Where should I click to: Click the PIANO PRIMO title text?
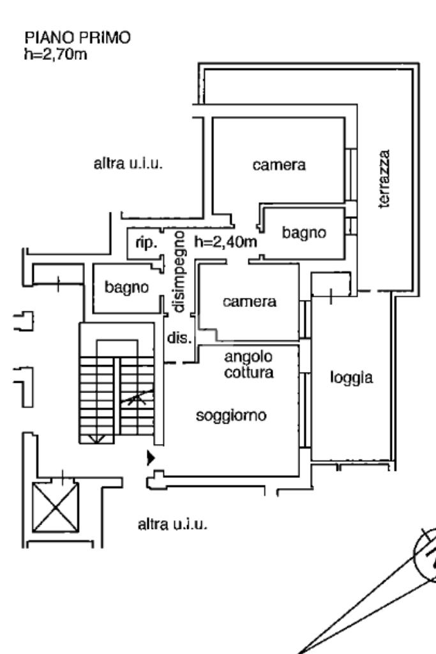tap(78, 38)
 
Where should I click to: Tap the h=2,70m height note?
tap(56, 54)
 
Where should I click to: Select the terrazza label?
tap(384, 179)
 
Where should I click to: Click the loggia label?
tap(351, 378)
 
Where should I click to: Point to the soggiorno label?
tap(231, 415)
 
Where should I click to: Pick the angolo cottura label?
tap(249, 364)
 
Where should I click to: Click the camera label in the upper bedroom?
tap(279, 165)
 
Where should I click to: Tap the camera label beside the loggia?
tap(250, 301)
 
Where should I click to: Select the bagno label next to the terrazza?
tap(304, 233)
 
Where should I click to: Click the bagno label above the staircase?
tap(126, 287)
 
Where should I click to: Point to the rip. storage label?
tap(146, 242)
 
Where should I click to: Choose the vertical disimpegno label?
tap(179, 272)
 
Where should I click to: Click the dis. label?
tap(179, 337)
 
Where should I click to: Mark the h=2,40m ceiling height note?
tap(226, 241)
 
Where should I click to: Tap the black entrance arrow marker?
tap(151, 457)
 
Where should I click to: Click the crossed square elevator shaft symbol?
tap(55, 508)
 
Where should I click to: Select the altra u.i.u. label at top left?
tap(128, 163)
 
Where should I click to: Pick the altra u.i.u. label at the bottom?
tap(172, 524)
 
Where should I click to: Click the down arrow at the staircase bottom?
tap(97, 438)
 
